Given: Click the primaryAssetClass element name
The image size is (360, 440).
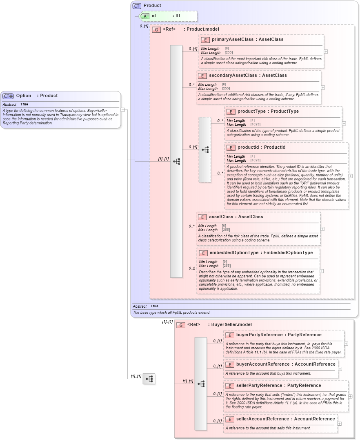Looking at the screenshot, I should click(230, 40).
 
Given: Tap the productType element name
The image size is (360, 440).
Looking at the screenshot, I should click(251, 112).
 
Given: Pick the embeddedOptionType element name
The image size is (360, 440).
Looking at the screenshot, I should click(234, 253).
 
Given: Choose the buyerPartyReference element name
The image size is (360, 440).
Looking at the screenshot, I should click(260, 335).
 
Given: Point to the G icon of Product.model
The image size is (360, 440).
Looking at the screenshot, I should click(156, 29).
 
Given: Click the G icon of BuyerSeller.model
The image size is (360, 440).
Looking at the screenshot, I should click(180, 325).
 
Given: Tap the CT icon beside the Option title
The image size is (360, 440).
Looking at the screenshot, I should click(8, 96).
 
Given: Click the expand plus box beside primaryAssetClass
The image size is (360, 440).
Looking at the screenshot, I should click(325, 52).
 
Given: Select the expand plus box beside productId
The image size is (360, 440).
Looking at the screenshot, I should click(350, 176).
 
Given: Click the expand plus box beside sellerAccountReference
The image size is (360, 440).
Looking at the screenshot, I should click(339, 424).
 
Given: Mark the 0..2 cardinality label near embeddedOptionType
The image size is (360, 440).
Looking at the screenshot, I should click(191, 268).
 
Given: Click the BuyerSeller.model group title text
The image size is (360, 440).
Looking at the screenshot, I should click(231, 325).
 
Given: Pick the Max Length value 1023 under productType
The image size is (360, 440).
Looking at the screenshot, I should click(256, 124).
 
